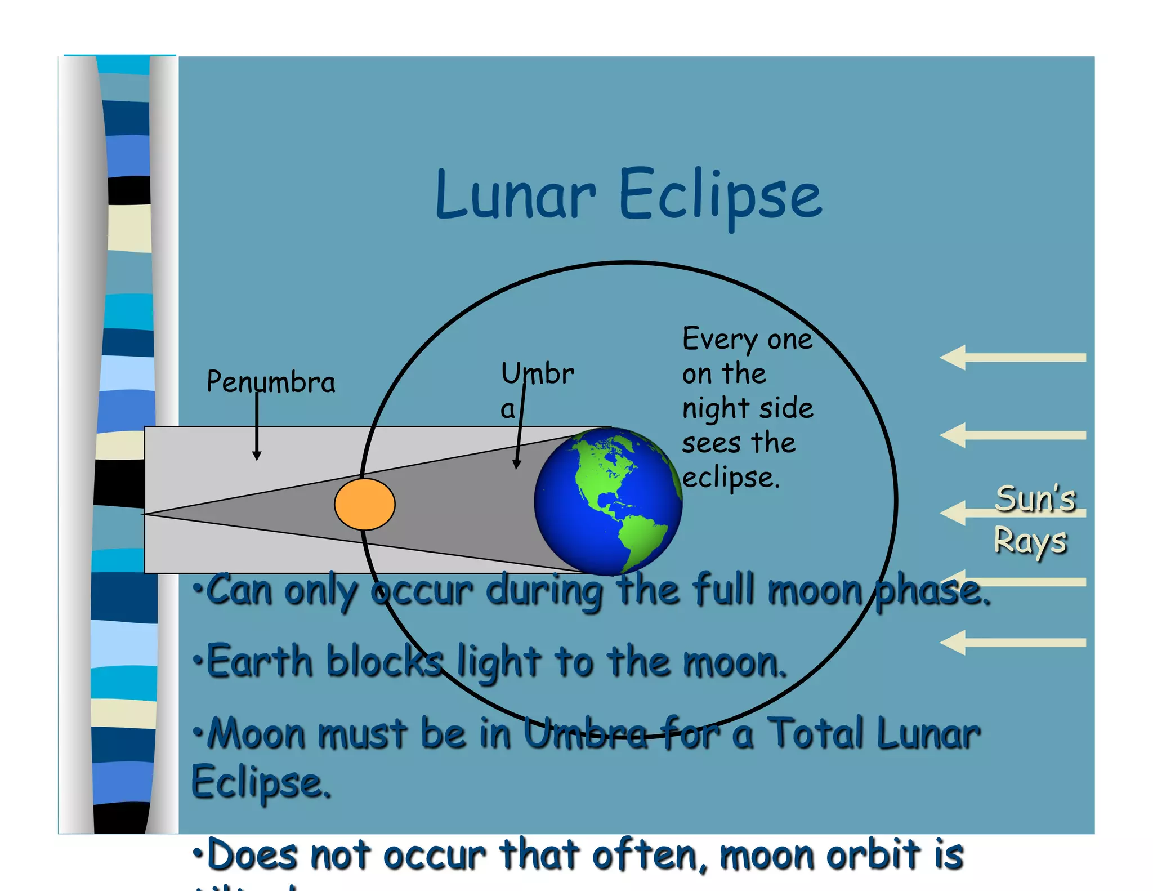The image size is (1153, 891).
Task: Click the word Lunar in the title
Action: (x=515, y=194)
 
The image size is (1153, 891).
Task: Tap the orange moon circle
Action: (x=365, y=504)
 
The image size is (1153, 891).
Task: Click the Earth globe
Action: (x=608, y=501)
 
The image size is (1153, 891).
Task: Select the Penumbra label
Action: (x=271, y=382)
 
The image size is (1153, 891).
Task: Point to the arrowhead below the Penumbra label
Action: (x=257, y=456)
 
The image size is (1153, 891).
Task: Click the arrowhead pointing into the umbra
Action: (x=516, y=464)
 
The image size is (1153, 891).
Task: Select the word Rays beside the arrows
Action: (x=1030, y=542)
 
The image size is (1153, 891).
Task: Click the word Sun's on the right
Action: (x=1035, y=499)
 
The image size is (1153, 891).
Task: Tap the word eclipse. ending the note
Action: (x=731, y=478)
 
